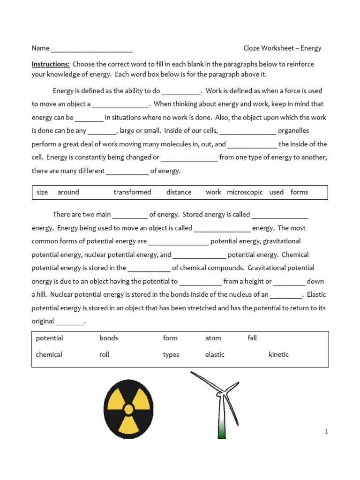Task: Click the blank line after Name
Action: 91,49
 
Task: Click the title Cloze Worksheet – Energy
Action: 282,48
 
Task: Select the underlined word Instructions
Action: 51,64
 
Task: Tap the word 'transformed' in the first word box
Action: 132,192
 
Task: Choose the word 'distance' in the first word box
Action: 179,192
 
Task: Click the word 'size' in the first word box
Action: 42,192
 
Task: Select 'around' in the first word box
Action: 68,192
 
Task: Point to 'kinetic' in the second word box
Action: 278,355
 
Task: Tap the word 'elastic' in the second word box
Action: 215,355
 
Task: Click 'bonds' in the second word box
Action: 109,338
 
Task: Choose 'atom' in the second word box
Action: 213,338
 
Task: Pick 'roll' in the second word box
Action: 104,355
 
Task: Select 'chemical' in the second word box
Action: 49,355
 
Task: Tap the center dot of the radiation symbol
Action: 128,409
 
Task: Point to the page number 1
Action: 326,432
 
